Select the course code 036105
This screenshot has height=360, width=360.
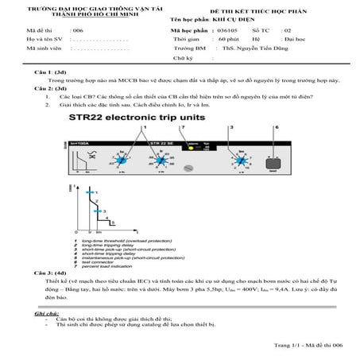click(226, 29)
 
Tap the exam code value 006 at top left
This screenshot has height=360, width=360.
click(77, 29)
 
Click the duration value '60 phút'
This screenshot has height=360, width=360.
click(229, 38)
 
